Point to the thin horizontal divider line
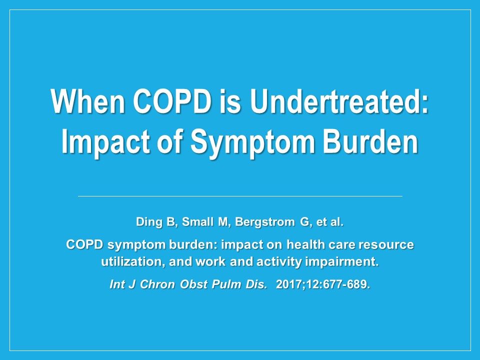pyautogui.click(x=240, y=196)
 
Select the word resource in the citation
pyautogui.click(x=389, y=245)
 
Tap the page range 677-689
pyautogui.click(x=348, y=285)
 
